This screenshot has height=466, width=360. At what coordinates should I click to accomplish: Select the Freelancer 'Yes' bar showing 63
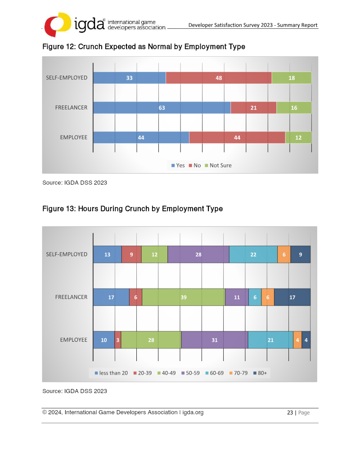[x=162, y=108]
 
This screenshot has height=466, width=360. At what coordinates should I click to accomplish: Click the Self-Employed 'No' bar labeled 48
[x=219, y=78]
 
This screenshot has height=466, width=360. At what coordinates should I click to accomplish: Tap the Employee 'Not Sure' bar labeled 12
[x=298, y=138]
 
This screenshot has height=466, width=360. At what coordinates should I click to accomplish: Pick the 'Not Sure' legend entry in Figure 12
[x=218, y=166]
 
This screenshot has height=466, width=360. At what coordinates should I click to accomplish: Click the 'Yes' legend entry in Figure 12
[x=178, y=166]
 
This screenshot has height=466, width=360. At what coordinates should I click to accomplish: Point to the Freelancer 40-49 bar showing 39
[x=184, y=297]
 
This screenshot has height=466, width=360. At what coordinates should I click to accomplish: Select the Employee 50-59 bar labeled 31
[x=215, y=340]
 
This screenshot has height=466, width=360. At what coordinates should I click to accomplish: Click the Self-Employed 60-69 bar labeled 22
[x=253, y=255]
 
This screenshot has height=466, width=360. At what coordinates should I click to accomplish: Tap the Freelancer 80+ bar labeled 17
[x=292, y=297]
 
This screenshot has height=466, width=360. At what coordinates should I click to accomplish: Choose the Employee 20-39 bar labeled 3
[x=117, y=340]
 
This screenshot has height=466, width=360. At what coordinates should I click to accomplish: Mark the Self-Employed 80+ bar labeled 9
[x=301, y=255]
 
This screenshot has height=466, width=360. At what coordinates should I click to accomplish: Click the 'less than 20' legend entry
[x=111, y=373]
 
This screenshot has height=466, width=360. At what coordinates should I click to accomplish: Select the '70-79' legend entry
[x=238, y=373]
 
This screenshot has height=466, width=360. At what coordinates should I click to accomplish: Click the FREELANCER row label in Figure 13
[x=71, y=297]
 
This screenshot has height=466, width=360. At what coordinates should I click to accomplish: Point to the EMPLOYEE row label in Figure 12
[x=74, y=138]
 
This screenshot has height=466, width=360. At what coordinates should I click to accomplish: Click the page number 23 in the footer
[x=290, y=412]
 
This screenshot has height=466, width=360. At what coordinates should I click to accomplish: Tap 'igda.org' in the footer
[x=193, y=412]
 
